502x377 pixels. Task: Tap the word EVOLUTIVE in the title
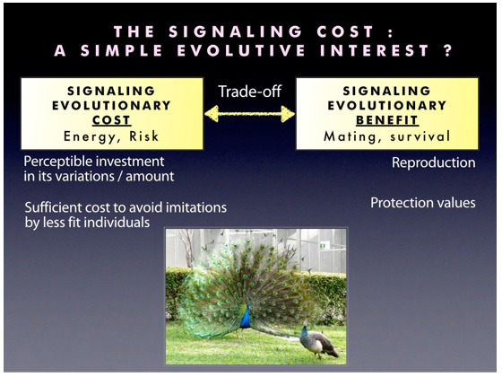tap(241, 50)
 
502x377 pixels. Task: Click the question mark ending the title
tap(448, 50)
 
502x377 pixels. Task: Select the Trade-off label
tap(250, 92)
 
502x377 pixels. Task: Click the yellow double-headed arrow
tap(250, 114)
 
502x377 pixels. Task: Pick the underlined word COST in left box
tap(112, 120)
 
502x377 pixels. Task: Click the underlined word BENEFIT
tap(387, 120)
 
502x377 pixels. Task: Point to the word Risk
tap(144, 136)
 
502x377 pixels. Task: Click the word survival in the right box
tap(420, 136)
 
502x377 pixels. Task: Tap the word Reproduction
tap(434, 162)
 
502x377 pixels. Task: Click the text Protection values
tap(423, 203)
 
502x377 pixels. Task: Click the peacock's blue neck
tap(246, 317)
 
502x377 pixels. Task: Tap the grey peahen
tap(317, 341)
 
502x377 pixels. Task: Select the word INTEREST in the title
tap(375, 50)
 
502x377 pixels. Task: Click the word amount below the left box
tap(150, 177)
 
